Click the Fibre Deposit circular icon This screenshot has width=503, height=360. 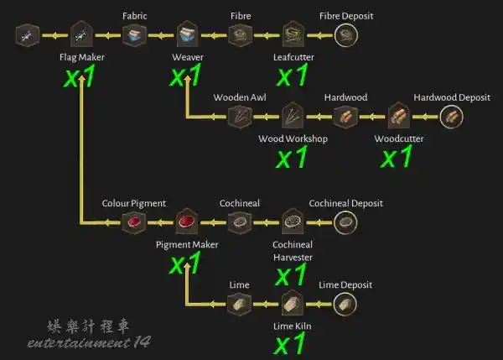345,35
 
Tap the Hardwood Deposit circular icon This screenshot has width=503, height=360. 451,117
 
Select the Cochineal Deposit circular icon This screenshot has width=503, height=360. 345,222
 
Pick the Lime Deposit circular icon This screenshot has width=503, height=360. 345,304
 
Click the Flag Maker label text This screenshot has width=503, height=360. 82,58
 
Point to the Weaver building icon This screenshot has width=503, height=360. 188,34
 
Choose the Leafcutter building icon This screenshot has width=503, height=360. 293,34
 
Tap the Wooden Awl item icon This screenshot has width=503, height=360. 240,117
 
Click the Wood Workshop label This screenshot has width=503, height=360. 293,138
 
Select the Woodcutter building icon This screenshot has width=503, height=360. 399,116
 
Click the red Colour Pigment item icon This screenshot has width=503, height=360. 134,222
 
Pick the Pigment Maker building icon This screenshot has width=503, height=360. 187,222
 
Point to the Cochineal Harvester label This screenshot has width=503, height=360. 293,251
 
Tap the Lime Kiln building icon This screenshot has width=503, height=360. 293,303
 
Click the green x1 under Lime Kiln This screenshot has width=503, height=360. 290,344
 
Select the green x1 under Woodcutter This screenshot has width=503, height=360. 397,156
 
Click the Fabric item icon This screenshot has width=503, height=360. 134,35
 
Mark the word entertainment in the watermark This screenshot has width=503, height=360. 79,343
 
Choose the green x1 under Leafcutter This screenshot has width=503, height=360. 293,75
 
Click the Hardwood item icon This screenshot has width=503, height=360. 345,117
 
